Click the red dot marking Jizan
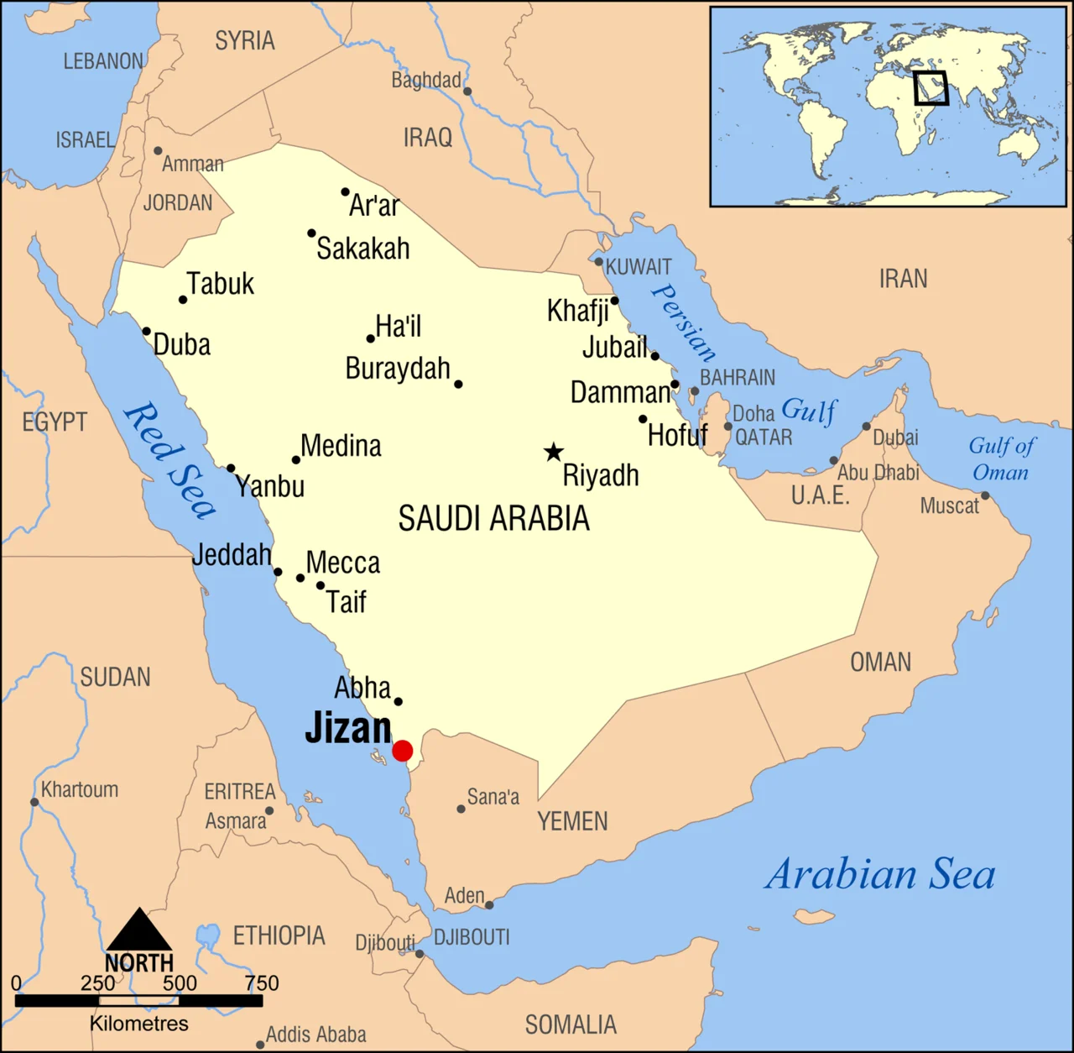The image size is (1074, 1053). coord(403,751)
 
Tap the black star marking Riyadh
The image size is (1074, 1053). coord(553,453)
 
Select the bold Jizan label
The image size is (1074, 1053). coord(347,727)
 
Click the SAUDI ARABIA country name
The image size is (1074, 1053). coord(493,519)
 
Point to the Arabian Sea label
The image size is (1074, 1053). coord(880,874)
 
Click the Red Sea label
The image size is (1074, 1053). coord(170,460)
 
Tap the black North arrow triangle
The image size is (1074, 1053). coord(139,930)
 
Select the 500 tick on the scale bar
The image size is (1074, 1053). coord(180,983)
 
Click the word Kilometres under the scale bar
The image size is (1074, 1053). coord(139,1024)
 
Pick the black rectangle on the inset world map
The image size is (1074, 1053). coord(931,88)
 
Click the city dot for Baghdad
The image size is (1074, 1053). coord(467,92)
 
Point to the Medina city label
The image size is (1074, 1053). coord(341,446)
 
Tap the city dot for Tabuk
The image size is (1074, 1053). coord(183,300)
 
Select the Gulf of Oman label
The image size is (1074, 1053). coord(1001,458)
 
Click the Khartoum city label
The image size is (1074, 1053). coord(80,789)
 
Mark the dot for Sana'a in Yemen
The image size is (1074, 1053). coord(461,809)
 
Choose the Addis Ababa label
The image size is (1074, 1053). coord(315,1035)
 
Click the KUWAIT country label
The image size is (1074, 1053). coord(639,267)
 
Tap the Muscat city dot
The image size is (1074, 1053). coord(985,495)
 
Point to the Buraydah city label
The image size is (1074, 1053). coord(398,369)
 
